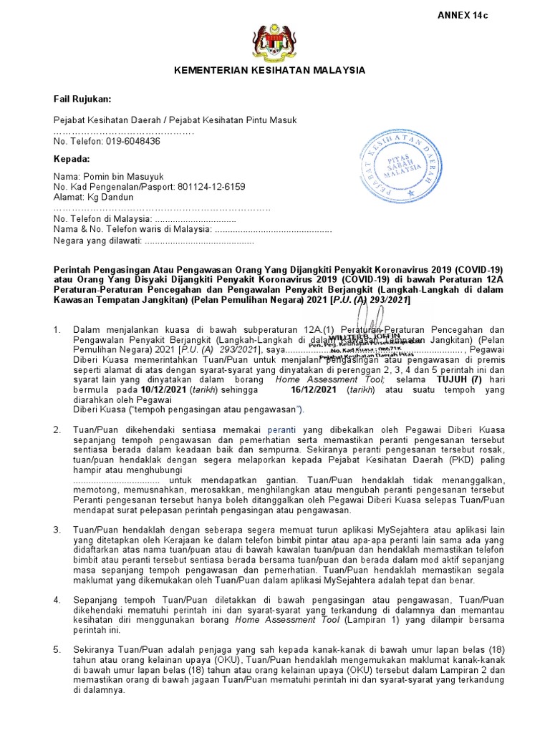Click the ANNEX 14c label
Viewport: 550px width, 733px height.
(x=466, y=14)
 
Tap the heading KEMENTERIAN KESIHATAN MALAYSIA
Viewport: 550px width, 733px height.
(x=271, y=70)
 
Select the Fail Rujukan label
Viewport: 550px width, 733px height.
(x=83, y=98)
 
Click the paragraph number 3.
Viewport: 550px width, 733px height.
(x=58, y=530)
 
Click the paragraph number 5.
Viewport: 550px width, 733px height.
(x=58, y=650)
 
